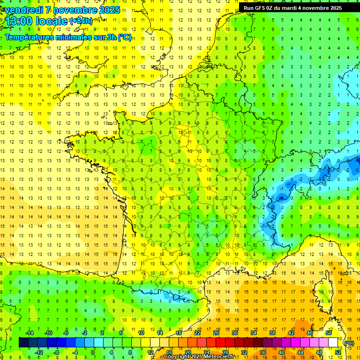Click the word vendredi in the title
(23, 10)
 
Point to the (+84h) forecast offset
(81, 21)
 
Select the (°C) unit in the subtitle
(124, 37)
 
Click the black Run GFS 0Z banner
(299, 7)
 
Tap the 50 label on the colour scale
(328, 333)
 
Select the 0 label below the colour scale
(92, 352)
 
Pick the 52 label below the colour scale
(337, 352)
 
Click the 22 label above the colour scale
(197, 333)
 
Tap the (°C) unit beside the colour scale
(349, 343)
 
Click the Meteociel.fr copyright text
(199, 357)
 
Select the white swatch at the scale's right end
(333, 342)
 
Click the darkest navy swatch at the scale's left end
(23, 342)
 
